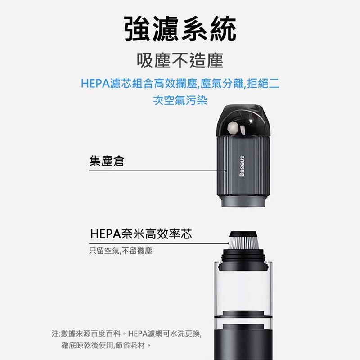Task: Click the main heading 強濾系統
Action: [x=180, y=30]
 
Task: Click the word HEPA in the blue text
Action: [x=95, y=84]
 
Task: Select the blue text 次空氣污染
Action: [x=180, y=100]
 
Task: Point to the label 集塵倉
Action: [x=106, y=160]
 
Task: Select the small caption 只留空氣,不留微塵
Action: [x=121, y=251]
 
